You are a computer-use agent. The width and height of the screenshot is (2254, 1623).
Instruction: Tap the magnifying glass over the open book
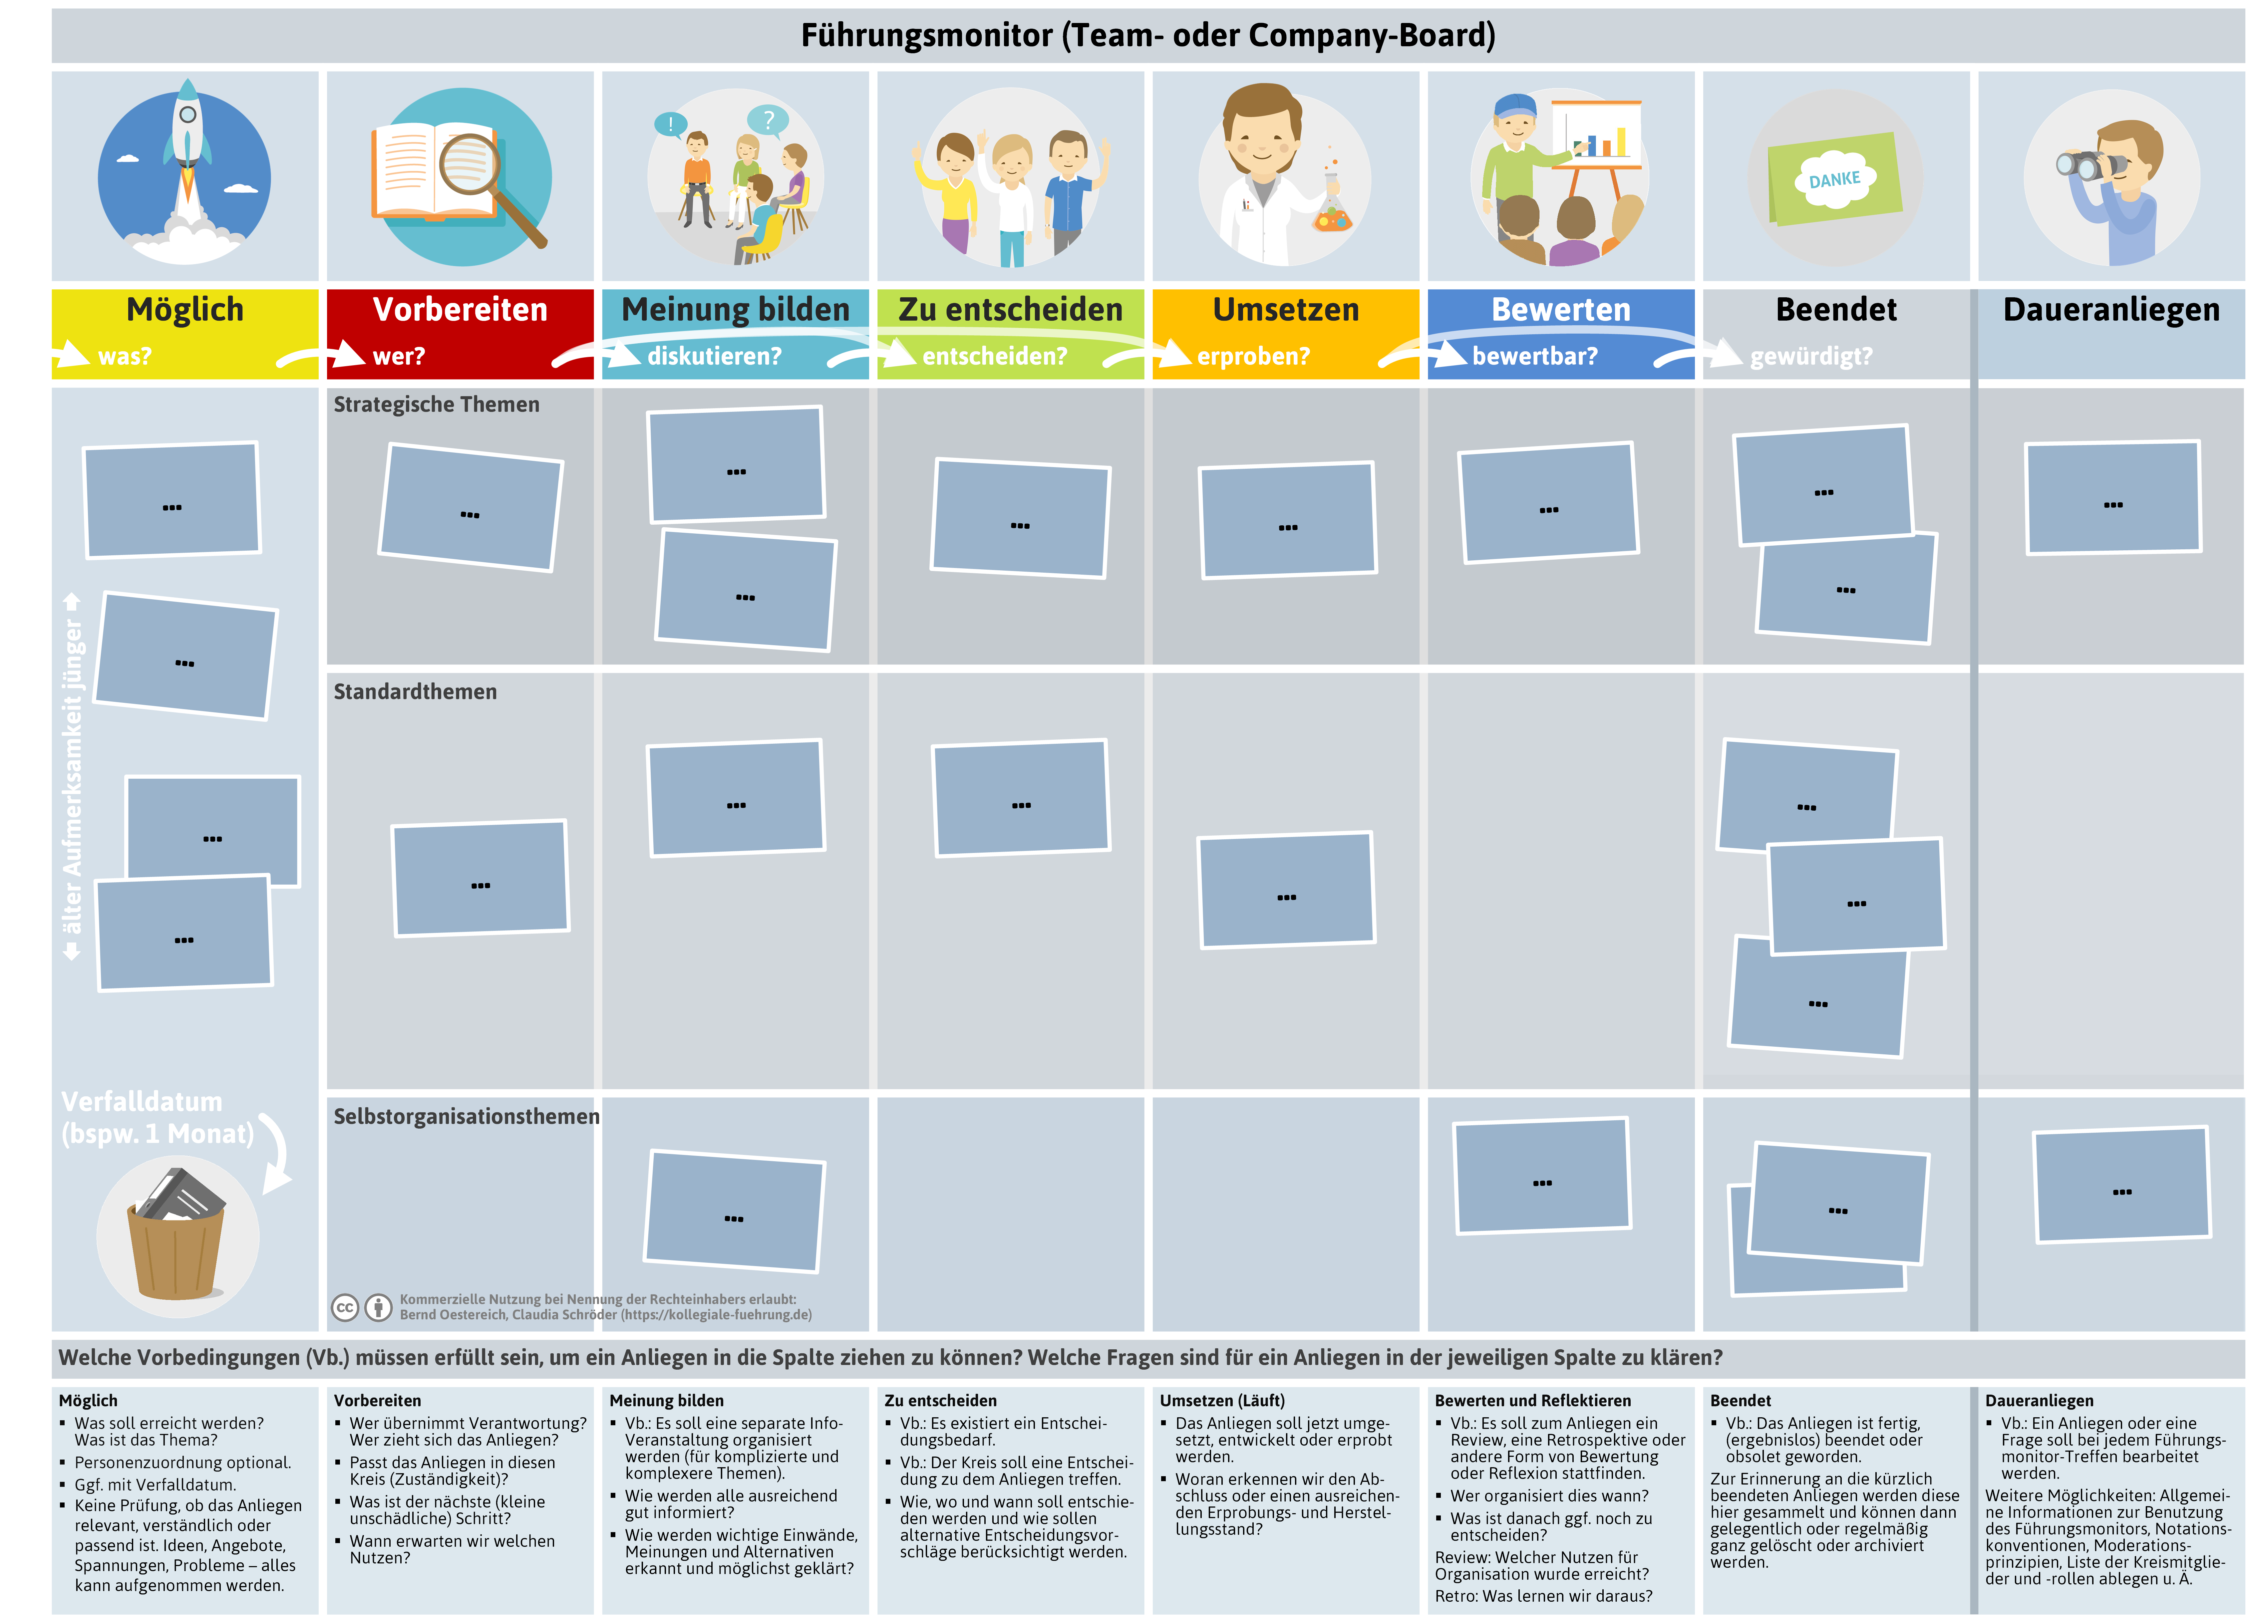click(x=487, y=184)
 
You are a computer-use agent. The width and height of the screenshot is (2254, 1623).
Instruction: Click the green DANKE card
click(x=1835, y=179)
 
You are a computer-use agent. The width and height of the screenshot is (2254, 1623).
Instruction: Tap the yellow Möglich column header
click(x=185, y=333)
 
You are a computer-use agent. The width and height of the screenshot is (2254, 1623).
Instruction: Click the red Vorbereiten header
click(x=460, y=333)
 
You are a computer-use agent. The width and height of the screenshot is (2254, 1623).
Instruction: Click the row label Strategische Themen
click(x=436, y=405)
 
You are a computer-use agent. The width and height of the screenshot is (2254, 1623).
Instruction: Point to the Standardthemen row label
click(x=416, y=692)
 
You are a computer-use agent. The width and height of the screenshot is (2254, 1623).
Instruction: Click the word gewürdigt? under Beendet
click(x=1811, y=356)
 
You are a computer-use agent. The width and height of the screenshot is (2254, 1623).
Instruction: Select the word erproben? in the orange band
click(x=1253, y=356)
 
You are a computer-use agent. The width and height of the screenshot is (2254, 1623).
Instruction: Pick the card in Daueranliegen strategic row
click(x=2113, y=498)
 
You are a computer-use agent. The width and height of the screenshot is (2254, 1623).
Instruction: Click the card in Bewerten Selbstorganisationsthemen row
click(x=1542, y=1176)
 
